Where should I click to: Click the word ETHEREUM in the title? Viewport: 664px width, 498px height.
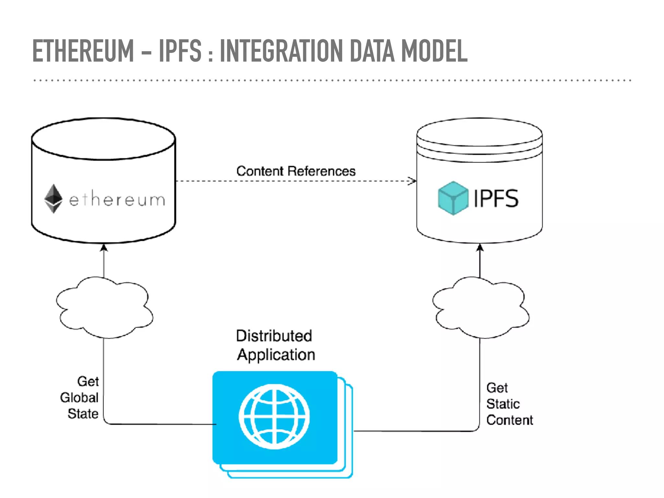(x=83, y=51)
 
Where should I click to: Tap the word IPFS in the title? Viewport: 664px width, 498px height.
(x=180, y=51)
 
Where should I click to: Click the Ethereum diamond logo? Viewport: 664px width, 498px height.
(x=53, y=199)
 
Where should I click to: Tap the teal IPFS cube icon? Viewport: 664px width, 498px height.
(x=453, y=198)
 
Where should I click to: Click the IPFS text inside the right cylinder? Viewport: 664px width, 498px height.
(x=496, y=198)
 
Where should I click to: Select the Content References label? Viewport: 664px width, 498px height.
(x=296, y=171)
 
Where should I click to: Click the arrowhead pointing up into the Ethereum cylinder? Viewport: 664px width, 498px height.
(x=104, y=248)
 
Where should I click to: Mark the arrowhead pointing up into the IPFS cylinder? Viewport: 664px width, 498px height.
(x=480, y=248)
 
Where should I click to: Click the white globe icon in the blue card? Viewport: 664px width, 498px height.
(x=274, y=417)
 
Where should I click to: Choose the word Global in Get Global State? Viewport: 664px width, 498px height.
(x=79, y=398)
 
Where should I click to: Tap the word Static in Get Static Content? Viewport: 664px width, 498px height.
(x=503, y=404)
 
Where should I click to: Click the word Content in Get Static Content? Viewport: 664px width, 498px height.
(x=509, y=420)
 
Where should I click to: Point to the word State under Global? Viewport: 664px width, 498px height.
(x=83, y=414)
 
